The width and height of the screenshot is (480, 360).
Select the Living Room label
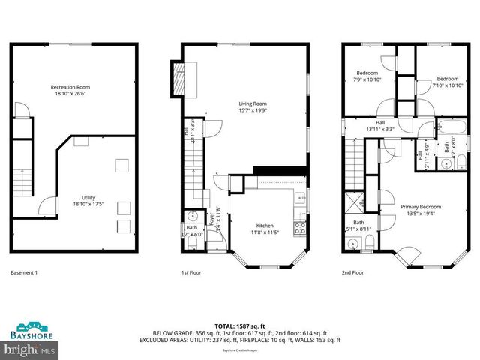pos(253,104)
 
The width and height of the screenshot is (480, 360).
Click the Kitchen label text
pos(264,225)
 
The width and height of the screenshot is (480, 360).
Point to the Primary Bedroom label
pos(420,206)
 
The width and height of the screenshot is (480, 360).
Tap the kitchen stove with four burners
pos(299,226)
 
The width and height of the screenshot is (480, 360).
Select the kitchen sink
pos(299,199)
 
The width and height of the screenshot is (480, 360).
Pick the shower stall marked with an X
pos(353,204)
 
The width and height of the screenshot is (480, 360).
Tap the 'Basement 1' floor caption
pos(25,272)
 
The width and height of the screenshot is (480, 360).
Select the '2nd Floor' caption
pos(352,272)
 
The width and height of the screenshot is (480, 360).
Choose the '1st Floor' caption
pos(191,272)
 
